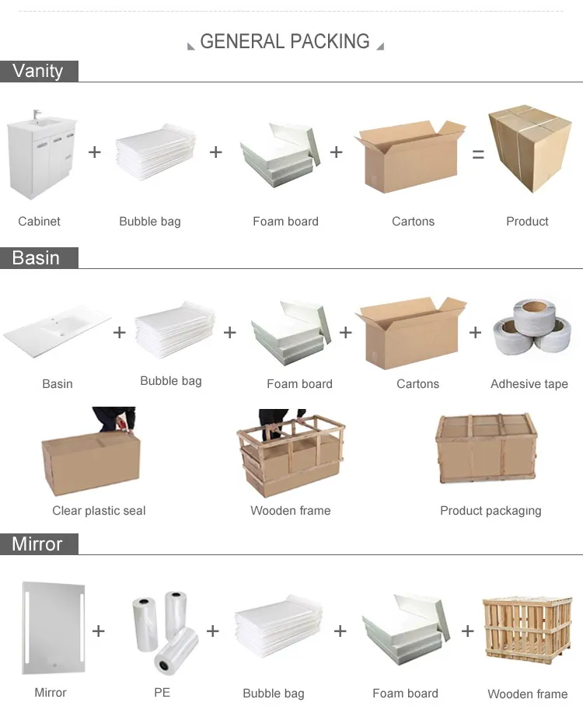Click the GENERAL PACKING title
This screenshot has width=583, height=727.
285,42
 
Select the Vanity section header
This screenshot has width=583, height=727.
37,71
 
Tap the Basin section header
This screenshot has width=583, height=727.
36,257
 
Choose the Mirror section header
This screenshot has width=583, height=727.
37,544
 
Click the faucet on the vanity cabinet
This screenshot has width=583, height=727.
36,116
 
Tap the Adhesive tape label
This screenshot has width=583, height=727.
529,384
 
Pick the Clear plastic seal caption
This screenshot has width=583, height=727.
99,511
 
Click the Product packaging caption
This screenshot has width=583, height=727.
490,511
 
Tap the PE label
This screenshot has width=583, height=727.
162,692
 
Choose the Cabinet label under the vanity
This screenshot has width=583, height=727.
39,222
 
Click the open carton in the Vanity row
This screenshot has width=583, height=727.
409,158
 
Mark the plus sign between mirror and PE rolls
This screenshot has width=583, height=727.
99,631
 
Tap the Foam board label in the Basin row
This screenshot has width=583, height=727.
299,384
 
